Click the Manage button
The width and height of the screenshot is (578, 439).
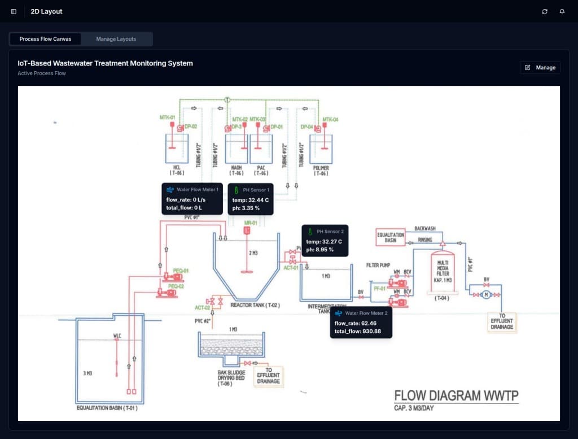540,68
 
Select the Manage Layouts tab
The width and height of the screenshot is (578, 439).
116,39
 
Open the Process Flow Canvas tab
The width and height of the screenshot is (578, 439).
45,39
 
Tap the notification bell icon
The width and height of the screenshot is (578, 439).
562,11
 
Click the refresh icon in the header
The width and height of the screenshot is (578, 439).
545,11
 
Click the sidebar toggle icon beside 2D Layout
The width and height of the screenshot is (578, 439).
14,11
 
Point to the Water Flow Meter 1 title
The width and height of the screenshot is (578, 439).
197,190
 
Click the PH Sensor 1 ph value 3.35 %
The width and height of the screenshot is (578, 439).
248,208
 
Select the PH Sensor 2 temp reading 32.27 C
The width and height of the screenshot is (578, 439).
323,241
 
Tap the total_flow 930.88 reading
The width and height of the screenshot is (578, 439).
358,331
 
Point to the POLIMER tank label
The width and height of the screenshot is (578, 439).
321,171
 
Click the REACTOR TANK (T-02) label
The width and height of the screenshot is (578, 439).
255,305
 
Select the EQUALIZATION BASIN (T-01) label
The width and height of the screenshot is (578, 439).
107,408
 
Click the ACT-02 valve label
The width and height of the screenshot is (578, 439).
203,308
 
